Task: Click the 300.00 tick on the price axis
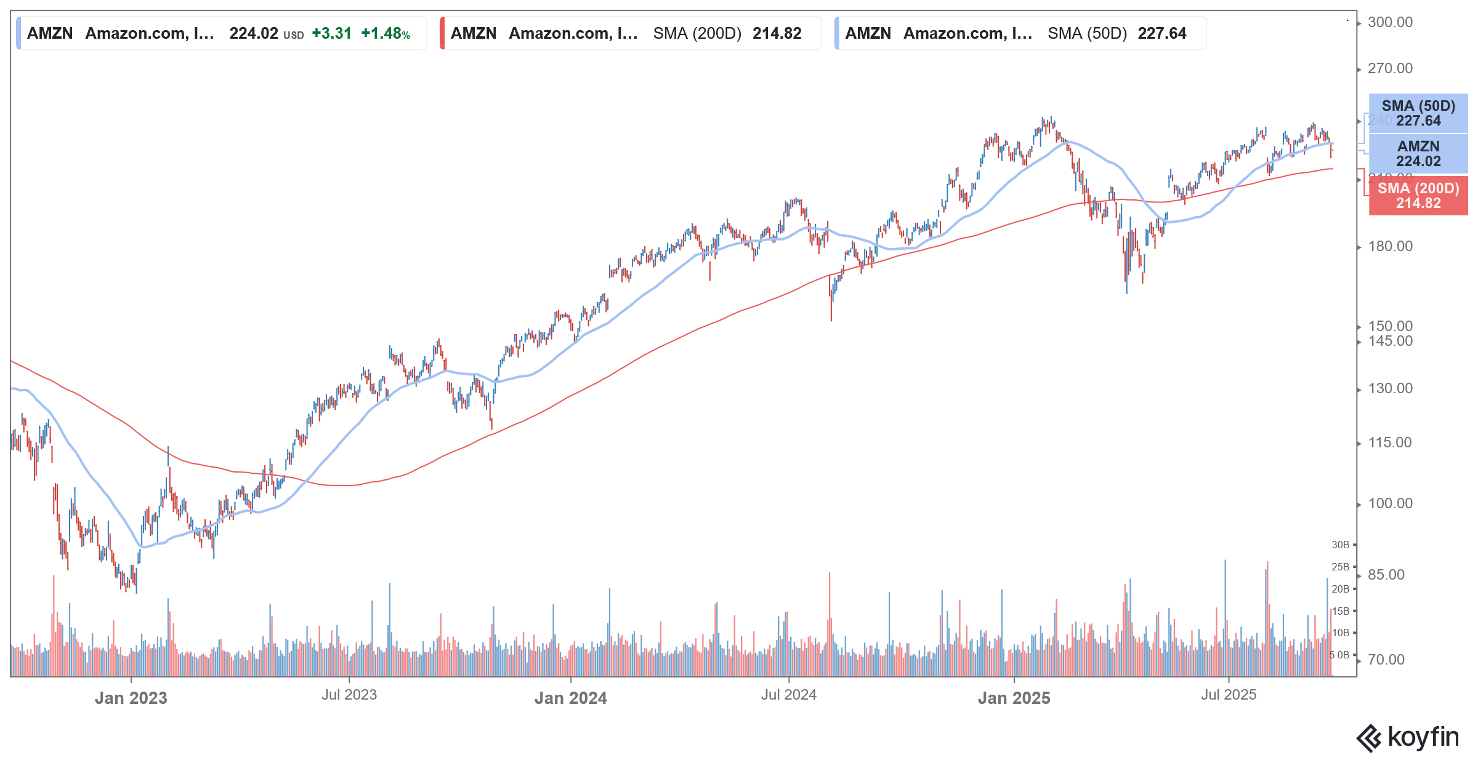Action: tap(1390, 22)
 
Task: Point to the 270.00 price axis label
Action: tap(1390, 68)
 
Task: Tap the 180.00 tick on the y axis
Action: tap(1390, 246)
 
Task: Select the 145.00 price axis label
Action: tap(1390, 341)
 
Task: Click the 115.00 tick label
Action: tap(1390, 442)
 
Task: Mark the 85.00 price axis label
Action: tap(1386, 575)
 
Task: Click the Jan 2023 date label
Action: tap(131, 698)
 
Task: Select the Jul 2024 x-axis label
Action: tap(788, 695)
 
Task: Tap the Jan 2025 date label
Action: tap(1014, 698)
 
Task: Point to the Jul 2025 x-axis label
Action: tap(1228, 695)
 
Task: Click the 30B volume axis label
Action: tap(1340, 545)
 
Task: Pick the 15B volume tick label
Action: tap(1340, 611)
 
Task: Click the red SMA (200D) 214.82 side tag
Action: tap(1418, 196)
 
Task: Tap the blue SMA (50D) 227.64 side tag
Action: tap(1418, 113)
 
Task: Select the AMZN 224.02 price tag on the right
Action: tap(1418, 154)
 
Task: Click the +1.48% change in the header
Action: tap(386, 33)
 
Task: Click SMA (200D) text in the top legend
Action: tap(697, 33)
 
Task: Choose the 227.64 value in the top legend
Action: tap(1161, 33)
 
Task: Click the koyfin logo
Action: tap(1408, 737)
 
